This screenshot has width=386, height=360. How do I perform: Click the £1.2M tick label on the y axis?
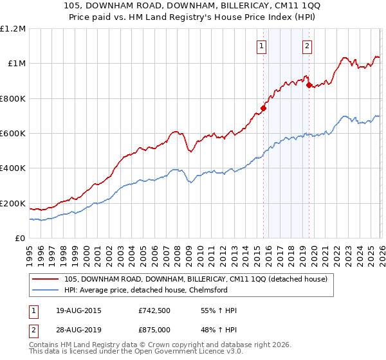[13, 28]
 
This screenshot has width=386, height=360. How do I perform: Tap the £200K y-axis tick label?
[13, 204]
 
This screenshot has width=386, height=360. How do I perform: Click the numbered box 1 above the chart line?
[262, 46]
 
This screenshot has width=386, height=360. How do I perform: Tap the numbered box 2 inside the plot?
[308, 46]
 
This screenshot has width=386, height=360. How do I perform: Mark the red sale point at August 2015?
[263, 108]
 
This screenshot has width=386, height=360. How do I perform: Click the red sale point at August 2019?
[309, 85]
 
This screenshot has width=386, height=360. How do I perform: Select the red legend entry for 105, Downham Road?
[196, 279]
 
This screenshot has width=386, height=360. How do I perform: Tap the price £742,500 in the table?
[154, 310]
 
